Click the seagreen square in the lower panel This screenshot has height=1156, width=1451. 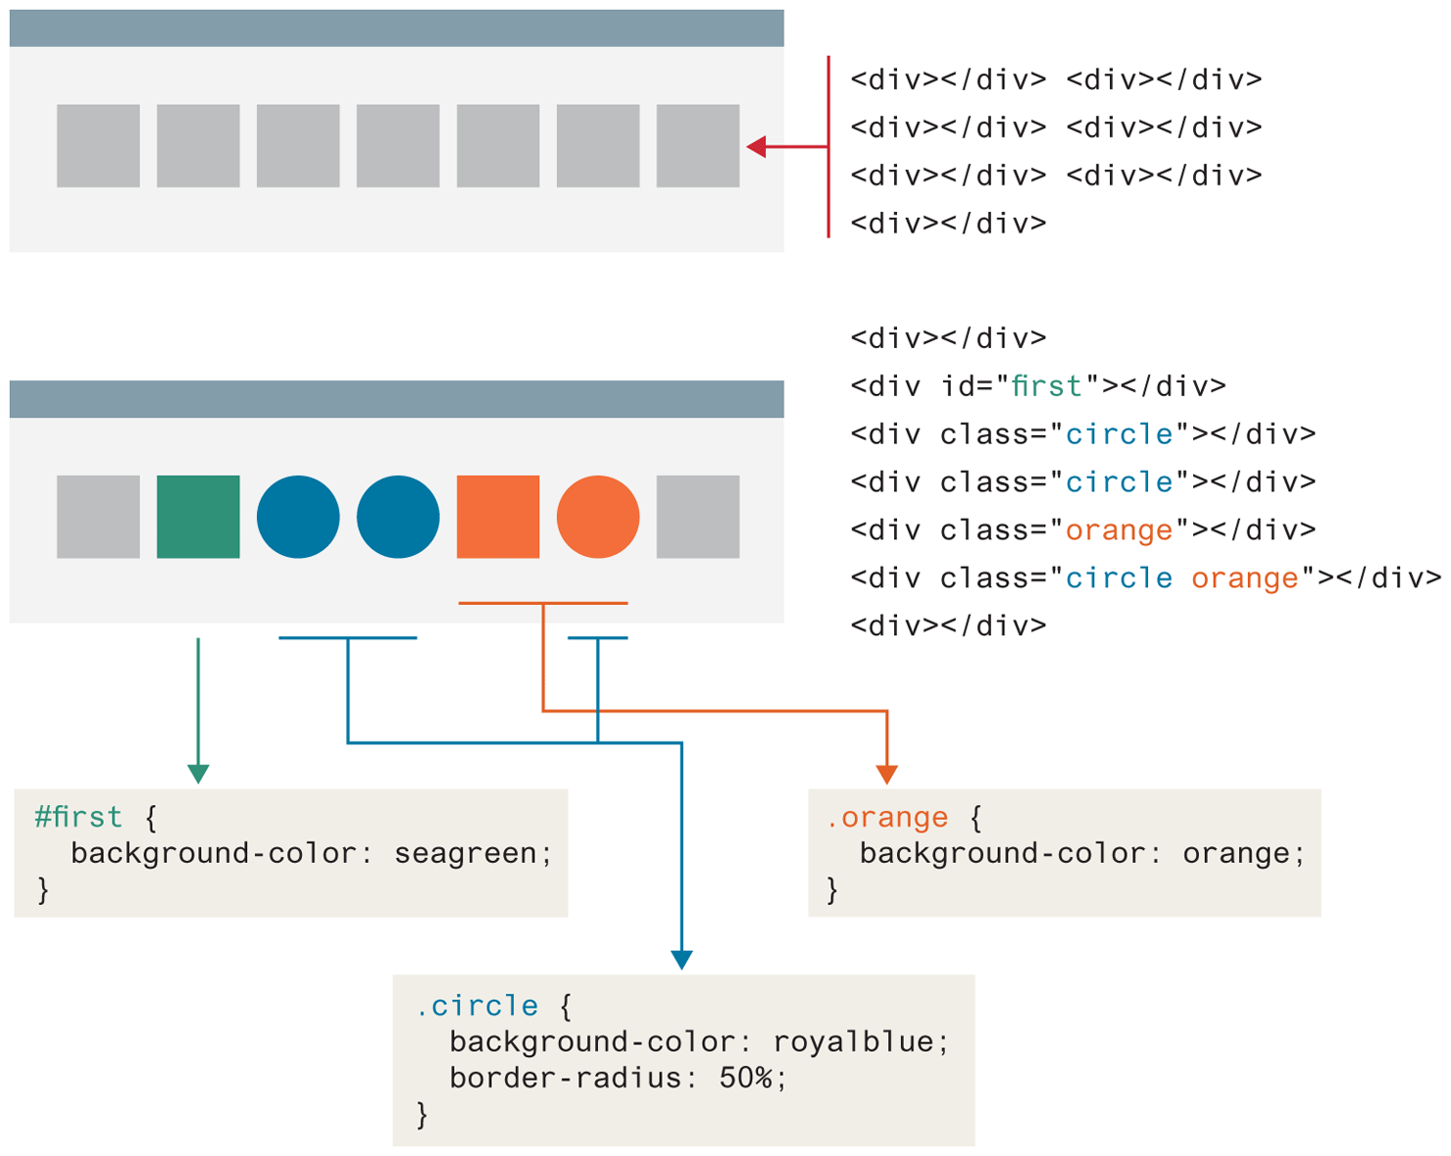(x=198, y=517)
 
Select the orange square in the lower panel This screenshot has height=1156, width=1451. (x=498, y=517)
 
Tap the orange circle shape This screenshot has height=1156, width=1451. (x=598, y=517)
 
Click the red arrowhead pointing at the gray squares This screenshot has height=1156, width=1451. (x=756, y=147)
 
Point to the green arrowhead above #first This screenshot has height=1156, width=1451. (x=198, y=774)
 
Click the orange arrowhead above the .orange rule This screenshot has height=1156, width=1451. (x=886, y=775)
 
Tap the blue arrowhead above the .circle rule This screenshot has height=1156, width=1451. (x=681, y=960)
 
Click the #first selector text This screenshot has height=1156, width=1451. (x=78, y=818)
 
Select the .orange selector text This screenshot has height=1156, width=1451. (x=887, y=818)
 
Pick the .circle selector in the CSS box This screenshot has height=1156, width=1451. (x=477, y=1006)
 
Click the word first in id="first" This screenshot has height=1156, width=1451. (x=1046, y=386)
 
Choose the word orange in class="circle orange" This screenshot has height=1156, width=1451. (x=1245, y=578)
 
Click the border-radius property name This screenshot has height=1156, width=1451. (x=566, y=1079)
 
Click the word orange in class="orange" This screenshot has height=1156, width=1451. (x=1119, y=530)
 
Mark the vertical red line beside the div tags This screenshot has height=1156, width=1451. (x=828, y=147)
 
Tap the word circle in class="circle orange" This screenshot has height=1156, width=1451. (x=1119, y=578)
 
